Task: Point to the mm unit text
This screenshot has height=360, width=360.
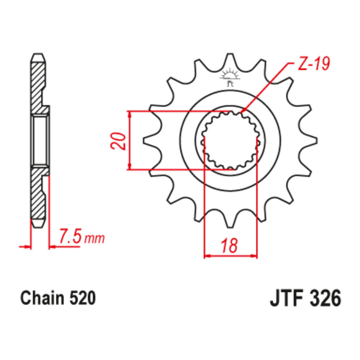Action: [x=94, y=238]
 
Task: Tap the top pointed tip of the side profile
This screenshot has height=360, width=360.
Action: [x=38, y=55]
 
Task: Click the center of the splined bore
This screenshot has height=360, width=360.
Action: [x=230, y=141]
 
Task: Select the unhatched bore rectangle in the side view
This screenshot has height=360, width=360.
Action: [x=40, y=141]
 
